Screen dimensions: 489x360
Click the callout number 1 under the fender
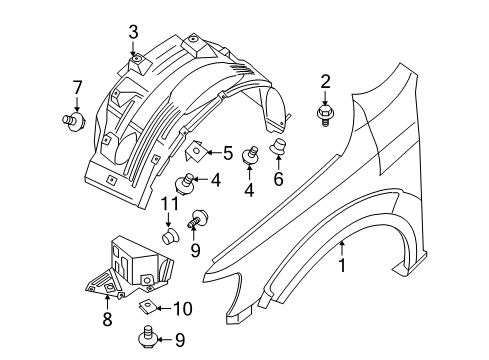[x=342, y=265]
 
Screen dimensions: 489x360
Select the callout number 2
[x=325, y=82]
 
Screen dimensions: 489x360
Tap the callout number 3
[x=133, y=33]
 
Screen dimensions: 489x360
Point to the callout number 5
[x=228, y=153]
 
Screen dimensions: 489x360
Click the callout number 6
[x=278, y=179]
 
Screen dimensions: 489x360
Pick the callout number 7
[x=77, y=88]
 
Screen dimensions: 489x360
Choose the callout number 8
[x=107, y=319]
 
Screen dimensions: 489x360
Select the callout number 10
[x=183, y=309]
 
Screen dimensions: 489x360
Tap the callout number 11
[x=170, y=204]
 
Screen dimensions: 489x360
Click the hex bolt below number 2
[x=325, y=115]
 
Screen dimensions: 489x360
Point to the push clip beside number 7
[x=74, y=121]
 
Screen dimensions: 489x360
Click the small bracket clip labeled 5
[x=195, y=151]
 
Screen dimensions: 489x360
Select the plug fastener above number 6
[x=278, y=146]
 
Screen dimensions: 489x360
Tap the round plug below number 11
[x=170, y=236]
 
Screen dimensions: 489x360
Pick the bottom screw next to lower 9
[x=146, y=337]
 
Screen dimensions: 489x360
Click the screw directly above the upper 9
[x=198, y=218]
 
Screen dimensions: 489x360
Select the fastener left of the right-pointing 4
[x=184, y=184]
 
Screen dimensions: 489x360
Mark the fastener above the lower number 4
[x=250, y=155]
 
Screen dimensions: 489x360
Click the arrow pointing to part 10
[x=163, y=309]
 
